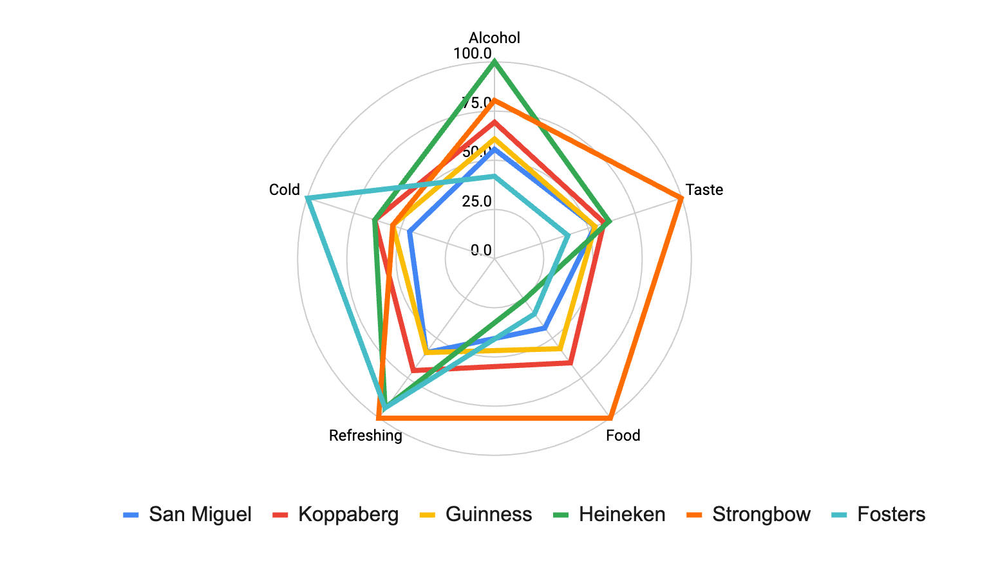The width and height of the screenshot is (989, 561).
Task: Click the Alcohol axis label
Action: [494, 38]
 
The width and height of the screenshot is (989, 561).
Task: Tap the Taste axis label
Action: [704, 190]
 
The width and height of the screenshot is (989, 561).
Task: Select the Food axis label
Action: [623, 436]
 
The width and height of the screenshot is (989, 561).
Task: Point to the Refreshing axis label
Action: [365, 436]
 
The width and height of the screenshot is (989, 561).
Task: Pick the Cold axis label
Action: [285, 190]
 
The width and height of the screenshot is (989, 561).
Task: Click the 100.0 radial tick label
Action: [472, 53]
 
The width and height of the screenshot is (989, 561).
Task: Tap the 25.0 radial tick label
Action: [476, 201]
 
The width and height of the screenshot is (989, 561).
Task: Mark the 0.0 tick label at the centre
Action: [480, 250]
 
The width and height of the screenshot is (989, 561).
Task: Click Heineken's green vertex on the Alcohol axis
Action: [494, 62]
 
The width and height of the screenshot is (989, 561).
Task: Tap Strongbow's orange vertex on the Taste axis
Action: [681, 198]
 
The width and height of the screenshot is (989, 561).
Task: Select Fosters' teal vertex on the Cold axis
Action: [308, 198]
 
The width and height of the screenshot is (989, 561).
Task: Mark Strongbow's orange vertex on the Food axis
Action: [610, 418]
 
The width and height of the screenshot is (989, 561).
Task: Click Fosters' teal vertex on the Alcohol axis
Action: [494, 176]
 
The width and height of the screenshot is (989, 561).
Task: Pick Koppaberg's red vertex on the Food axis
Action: [570, 363]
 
